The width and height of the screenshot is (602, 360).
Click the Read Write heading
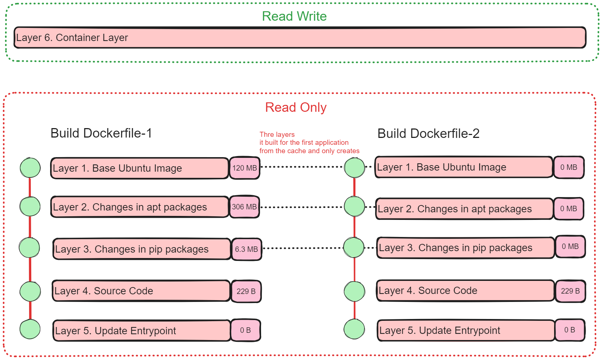click(x=294, y=16)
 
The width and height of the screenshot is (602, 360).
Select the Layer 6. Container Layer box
click(x=300, y=37)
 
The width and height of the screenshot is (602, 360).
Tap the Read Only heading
click(x=296, y=107)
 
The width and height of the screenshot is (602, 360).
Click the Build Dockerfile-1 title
click(x=101, y=133)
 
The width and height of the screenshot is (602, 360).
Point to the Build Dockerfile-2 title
click(x=428, y=134)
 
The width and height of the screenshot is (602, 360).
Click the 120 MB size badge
click(x=244, y=168)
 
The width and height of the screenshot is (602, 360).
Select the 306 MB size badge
click(x=244, y=207)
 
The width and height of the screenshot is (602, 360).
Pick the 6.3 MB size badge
click(x=246, y=249)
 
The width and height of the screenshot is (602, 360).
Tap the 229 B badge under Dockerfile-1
click(x=246, y=291)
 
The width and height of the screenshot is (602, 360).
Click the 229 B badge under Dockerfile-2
click(x=570, y=291)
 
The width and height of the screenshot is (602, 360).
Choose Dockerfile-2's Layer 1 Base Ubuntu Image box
click(x=464, y=167)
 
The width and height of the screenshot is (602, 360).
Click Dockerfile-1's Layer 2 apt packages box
click(x=139, y=207)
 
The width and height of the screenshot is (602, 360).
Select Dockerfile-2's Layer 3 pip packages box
click(x=465, y=248)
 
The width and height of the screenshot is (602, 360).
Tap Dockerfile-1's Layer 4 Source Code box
click(x=141, y=291)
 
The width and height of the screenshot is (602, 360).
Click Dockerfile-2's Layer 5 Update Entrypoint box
click(x=466, y=330)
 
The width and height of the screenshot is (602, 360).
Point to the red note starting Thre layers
click(x=309, y=143)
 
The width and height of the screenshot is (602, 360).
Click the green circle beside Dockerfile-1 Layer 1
click(x=30, y=168)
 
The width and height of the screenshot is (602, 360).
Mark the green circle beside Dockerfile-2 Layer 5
click(x=354, y=329)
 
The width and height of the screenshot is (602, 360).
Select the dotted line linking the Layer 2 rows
click(x=301, y=208)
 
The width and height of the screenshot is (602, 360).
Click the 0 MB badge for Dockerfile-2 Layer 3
click(x=570, y=247)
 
